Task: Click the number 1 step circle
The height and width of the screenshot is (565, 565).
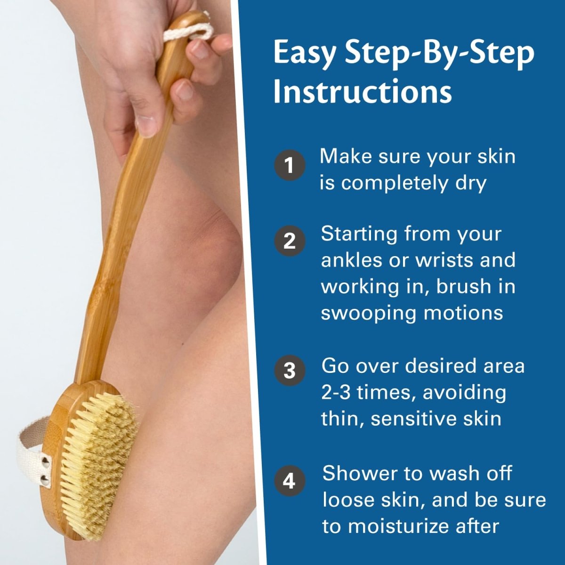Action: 289,165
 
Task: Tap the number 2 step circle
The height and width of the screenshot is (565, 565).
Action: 289,241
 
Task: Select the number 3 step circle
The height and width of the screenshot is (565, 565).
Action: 289,371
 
